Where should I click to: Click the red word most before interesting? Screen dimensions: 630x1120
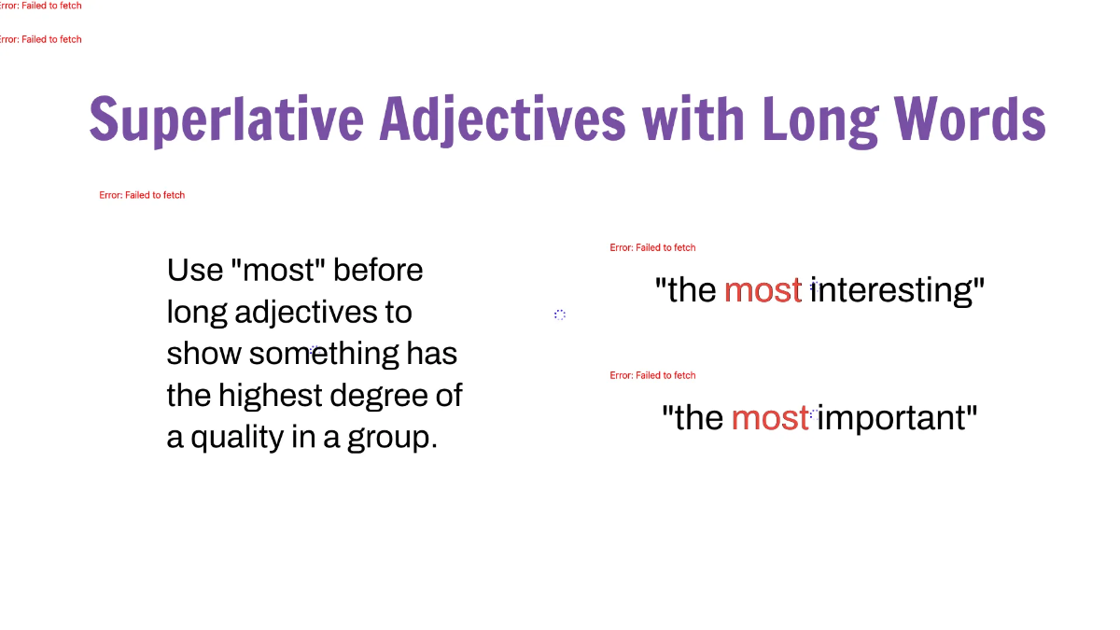click(763, 290)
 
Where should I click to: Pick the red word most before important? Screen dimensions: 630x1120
click(769, 417)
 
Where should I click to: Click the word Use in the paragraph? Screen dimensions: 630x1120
click(194, 271)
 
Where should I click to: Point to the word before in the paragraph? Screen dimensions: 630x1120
click(378, 271)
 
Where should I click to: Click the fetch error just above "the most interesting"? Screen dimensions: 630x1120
click(652, 247)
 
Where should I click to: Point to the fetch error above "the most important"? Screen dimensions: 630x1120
click(652, 375)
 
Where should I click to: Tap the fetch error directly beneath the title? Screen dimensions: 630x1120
click(142, 195)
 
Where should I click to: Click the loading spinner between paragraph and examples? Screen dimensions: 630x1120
click(560, 315)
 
